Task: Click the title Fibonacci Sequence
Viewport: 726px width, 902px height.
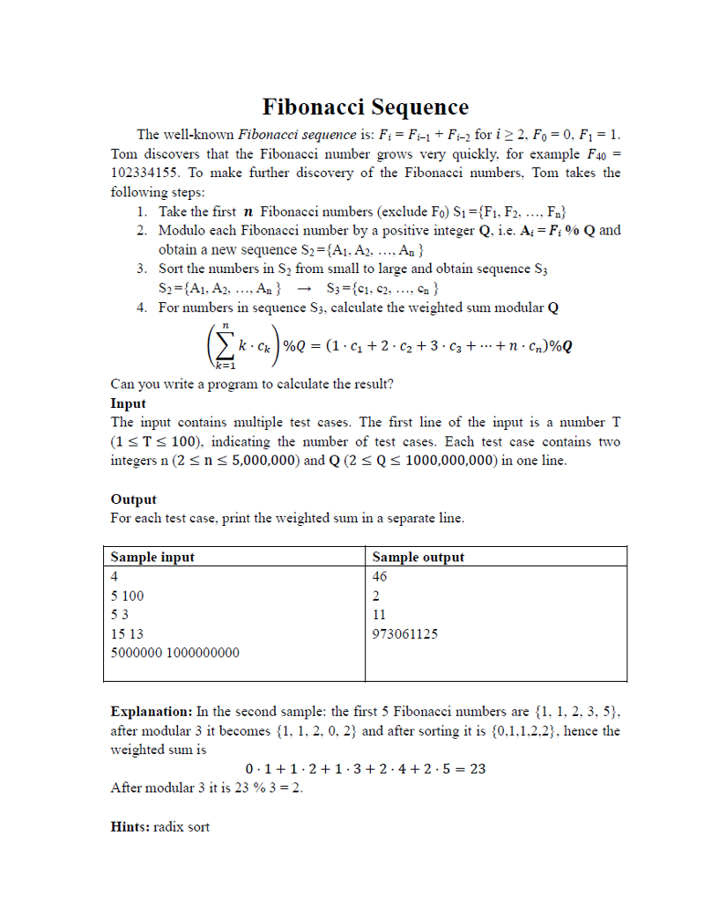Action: tap(365, 107)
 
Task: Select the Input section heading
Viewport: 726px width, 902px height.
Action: tap(128, 403)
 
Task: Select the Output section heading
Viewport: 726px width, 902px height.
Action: tap(133, 499)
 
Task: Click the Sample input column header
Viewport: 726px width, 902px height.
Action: tap(152, 557)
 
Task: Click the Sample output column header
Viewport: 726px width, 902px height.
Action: tap(418, 557)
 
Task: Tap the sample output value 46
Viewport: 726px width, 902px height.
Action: tap(380, 576)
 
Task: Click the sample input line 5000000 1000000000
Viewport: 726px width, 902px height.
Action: tap(174, 654)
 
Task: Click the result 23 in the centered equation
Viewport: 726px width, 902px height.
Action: tap(476, 769)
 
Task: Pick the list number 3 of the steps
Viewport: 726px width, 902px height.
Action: tap(141, 269)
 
